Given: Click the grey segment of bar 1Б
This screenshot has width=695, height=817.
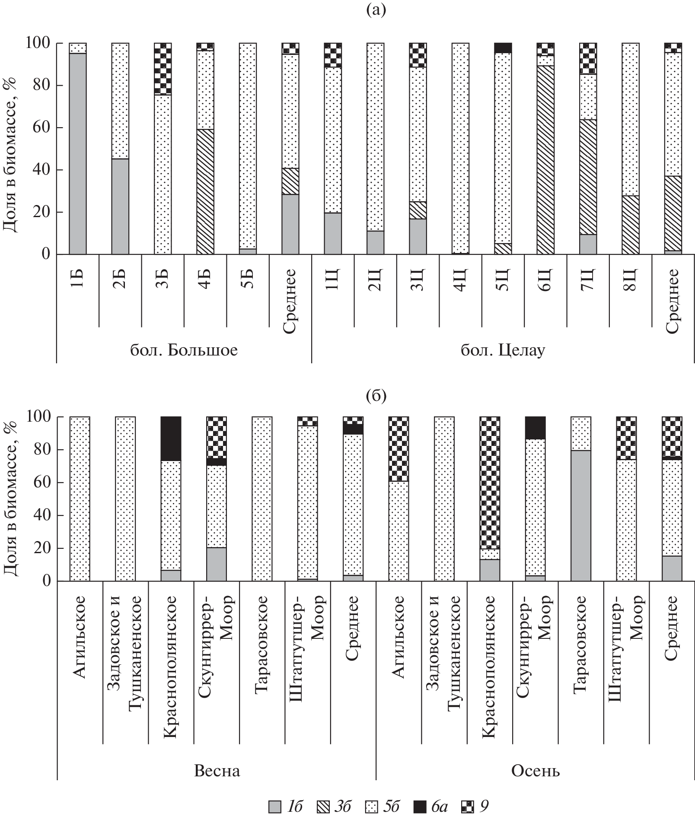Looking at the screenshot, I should coord(78,154).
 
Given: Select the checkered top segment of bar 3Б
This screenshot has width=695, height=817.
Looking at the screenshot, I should coord(163,69).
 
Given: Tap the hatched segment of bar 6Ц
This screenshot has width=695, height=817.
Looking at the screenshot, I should coord(545,160).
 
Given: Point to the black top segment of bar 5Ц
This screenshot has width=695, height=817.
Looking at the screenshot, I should coord(503,48).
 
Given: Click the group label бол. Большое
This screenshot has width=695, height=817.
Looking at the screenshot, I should coord(184,349).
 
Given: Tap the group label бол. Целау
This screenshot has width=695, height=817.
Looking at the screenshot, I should coord(503,349).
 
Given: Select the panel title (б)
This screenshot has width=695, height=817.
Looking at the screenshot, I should coord(376,395).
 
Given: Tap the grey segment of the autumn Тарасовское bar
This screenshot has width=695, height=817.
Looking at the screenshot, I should coord(580,516).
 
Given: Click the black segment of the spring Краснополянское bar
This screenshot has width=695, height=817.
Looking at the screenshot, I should coord(171,439).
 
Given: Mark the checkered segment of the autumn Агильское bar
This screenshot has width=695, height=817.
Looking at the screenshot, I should coord(398,449).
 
